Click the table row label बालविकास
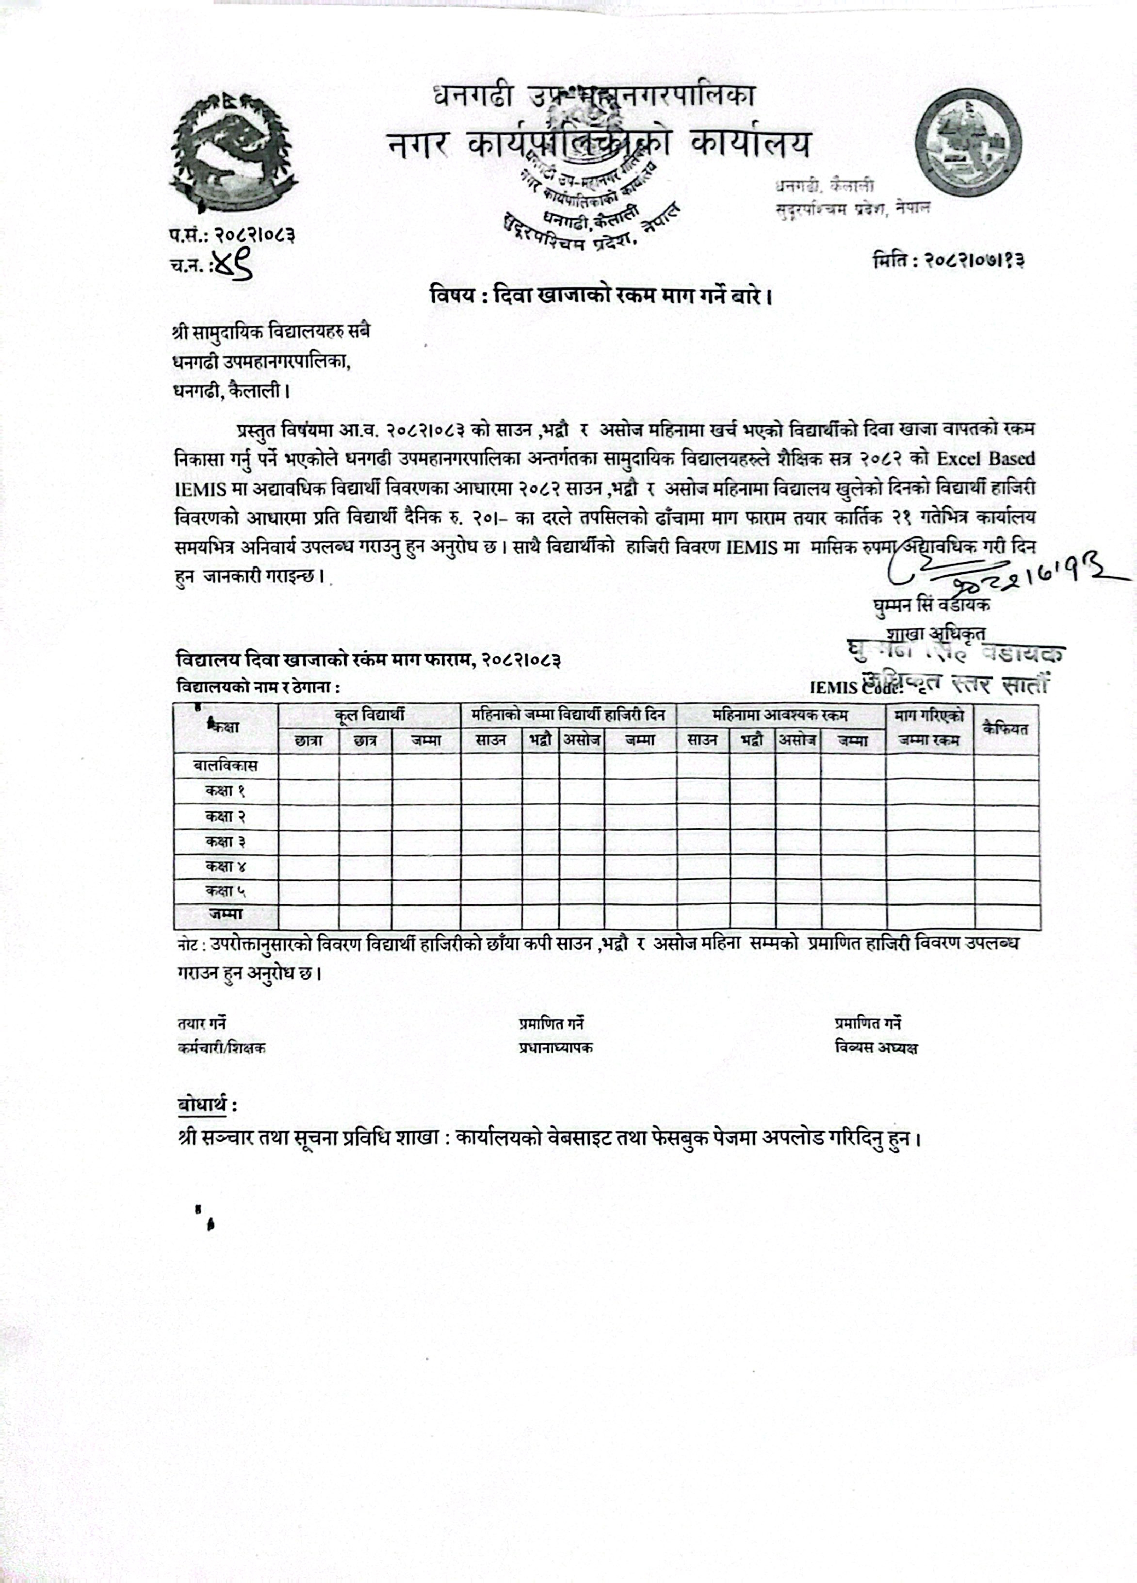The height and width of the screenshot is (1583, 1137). [x=225, y=766]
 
